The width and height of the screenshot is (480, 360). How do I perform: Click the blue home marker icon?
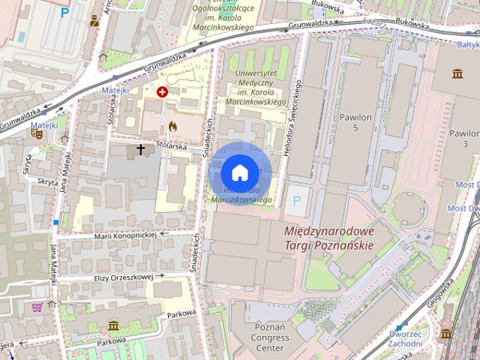coord(238,172)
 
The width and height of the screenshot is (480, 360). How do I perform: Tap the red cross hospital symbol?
coord(162,91)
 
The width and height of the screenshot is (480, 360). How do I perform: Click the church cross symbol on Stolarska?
coord(140,150)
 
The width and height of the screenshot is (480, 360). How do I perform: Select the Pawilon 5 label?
coord(355,123)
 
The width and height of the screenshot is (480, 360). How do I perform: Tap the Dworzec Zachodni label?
coord(406,338)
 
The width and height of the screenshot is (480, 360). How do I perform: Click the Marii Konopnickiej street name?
coord(124,235)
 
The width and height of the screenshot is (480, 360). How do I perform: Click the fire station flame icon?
coord(173,126)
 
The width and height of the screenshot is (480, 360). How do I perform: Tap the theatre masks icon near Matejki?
coord(36,133)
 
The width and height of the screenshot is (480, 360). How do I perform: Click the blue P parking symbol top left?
coord(65,13)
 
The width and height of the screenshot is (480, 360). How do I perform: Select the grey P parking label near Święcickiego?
coord(298,200)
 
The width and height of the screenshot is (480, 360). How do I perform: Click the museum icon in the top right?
coord(457,73)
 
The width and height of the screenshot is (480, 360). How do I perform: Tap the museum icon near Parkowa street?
coord(113,325)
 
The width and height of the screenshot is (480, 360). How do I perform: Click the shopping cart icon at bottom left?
coord(37,306)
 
